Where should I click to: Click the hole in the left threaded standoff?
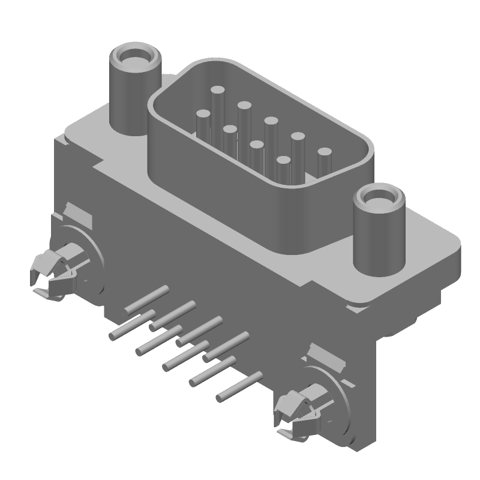[x=134, y=58]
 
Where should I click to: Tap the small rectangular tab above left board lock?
[x=78, y=213]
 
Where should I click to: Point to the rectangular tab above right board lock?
[x=325, y=357]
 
